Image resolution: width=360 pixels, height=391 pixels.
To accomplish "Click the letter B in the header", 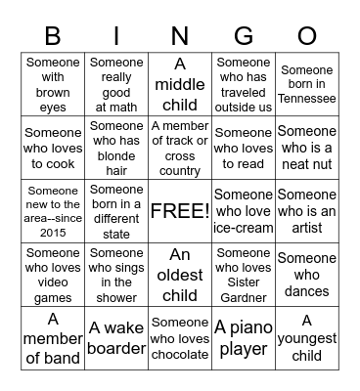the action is click(x=53, y=36).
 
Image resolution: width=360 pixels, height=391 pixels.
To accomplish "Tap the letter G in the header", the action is click(x=244, y=36).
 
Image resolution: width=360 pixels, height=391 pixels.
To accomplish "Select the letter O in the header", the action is click(x=306, y=36).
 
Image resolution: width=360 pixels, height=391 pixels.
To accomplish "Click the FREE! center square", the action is click(x=180, y=210).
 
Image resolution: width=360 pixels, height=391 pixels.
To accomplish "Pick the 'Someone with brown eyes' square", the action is click(x=53, y=85).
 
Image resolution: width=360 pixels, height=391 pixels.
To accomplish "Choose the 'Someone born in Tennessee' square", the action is click(x=306, y=85).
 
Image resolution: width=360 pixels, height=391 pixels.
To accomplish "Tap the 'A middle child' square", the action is click(x=180, y=85).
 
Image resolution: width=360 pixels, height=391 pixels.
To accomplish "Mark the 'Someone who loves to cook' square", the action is click(x=53, y=148).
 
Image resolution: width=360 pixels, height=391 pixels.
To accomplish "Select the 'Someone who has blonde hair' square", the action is click(x=116, y=148).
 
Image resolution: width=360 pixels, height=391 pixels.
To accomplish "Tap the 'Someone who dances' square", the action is click(x=306, y=274).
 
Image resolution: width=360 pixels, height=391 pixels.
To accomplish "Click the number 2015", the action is click(x=53, y=233).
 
